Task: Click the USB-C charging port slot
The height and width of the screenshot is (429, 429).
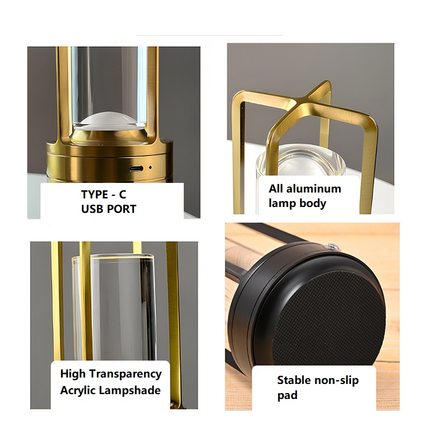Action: coord(136,168)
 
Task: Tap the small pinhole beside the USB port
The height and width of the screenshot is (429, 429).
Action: coord(150,167)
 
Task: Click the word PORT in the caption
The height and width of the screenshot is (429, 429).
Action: coord(121,209)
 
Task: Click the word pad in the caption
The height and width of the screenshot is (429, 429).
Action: coord(287,395)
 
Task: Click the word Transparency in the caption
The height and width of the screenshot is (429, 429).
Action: coord(125,374)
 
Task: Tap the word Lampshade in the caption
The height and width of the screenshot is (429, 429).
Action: coord(129,390)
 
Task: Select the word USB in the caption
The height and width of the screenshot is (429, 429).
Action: coord(92,209)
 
